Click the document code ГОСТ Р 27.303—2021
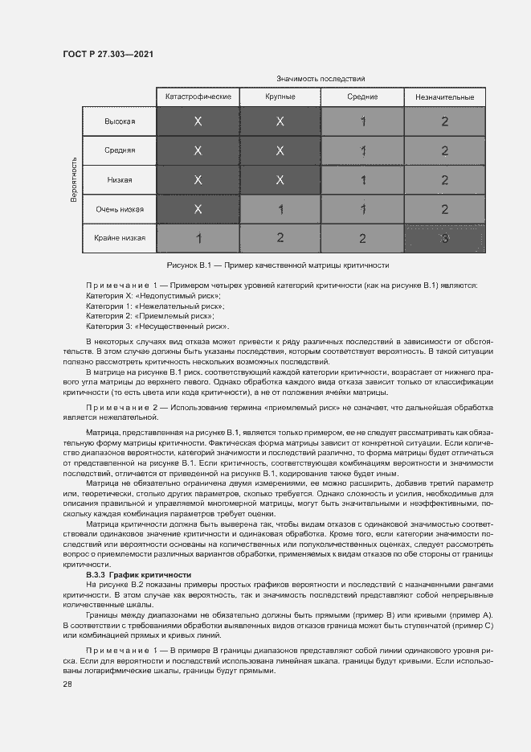108,55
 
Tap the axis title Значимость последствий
321,79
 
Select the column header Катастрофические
198,97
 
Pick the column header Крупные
280,97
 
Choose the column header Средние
362,97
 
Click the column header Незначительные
444,97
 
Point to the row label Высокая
120,121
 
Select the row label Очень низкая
120,209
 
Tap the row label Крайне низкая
120,238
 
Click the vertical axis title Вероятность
73,179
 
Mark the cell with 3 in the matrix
444,238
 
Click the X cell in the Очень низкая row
198,209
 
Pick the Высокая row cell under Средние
362,121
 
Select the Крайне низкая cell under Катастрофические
198,238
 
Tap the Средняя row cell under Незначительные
444,150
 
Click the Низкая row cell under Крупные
280,180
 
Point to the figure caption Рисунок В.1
277,265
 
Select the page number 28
67,684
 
